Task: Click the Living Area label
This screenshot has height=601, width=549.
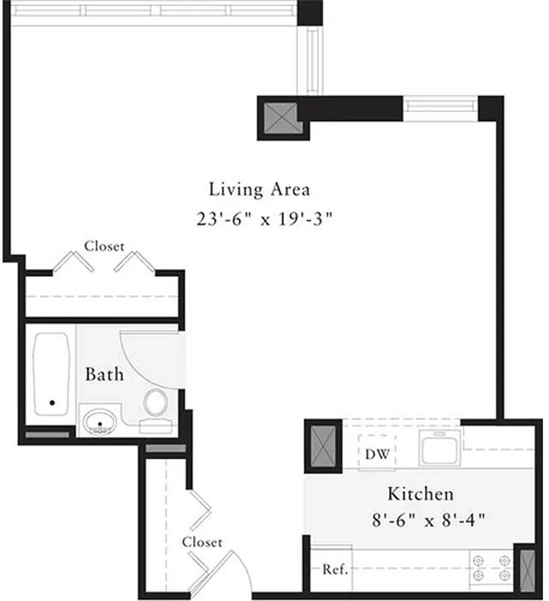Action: coord(259,189)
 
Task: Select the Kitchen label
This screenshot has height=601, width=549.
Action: coord(420,494)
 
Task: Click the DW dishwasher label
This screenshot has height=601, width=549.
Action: coord(377,454)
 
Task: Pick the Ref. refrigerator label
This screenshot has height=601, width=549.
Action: coord(335,569)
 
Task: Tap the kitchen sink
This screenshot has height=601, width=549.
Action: coord(440,448)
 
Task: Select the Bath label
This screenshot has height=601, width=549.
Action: coord(104,373)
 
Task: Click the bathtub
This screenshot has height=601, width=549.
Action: coord(52,379)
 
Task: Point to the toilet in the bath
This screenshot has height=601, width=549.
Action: coord(156,403)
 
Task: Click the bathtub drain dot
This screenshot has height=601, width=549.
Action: coord(53,403)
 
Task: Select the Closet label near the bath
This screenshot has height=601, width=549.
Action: coord(104,246)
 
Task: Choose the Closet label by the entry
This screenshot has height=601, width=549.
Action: coord(202,542)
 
